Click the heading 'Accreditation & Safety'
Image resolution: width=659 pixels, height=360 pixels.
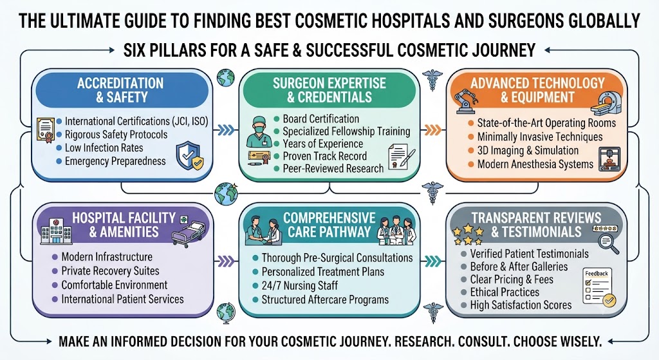(120, 90)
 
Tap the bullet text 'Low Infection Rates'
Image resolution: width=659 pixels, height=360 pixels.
(104, 148)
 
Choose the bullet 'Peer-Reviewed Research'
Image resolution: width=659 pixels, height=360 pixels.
(333, 169)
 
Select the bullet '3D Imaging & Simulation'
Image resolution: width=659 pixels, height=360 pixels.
(528, 151)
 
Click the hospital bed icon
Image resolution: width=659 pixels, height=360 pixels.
(189, 232)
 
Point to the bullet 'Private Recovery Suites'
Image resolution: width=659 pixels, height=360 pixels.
(110, 271)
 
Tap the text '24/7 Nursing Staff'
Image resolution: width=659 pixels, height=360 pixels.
(300, 285)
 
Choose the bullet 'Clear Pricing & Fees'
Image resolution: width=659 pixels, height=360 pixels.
(512, 279)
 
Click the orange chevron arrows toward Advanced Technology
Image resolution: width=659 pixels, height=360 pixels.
(432, 129)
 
